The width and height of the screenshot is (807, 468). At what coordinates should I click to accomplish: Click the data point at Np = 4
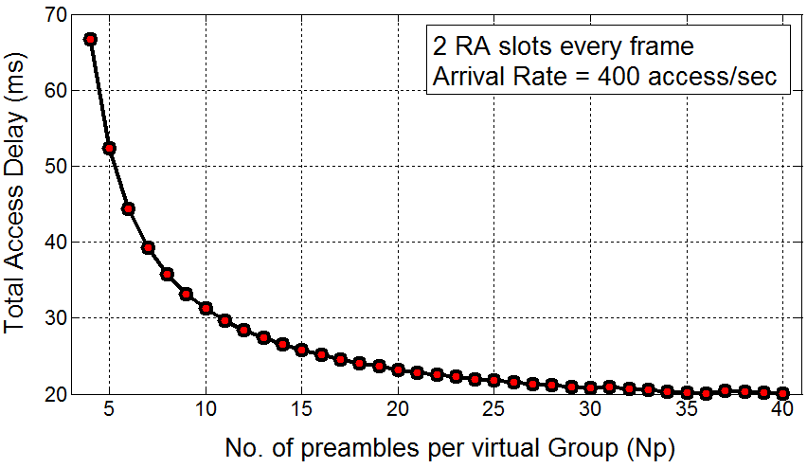(x=90, y=39)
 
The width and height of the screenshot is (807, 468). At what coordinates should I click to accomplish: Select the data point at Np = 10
(x=206, y=308)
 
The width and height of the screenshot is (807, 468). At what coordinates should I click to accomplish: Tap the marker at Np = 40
(x=782, y=393)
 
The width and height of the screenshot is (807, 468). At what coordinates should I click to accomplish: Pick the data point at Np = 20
(x=398, y=369)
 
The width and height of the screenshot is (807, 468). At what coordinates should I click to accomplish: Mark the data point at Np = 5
(x=109, y=148)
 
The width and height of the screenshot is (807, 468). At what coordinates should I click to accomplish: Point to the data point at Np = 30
(x=590, y=387)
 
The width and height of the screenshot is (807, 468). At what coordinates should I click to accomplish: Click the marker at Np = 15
(x=302, y=350)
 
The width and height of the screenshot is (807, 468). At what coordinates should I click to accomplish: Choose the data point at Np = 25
(x=494, y=380)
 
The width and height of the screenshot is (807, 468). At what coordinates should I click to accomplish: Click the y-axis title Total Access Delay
(x=16, y=205)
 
